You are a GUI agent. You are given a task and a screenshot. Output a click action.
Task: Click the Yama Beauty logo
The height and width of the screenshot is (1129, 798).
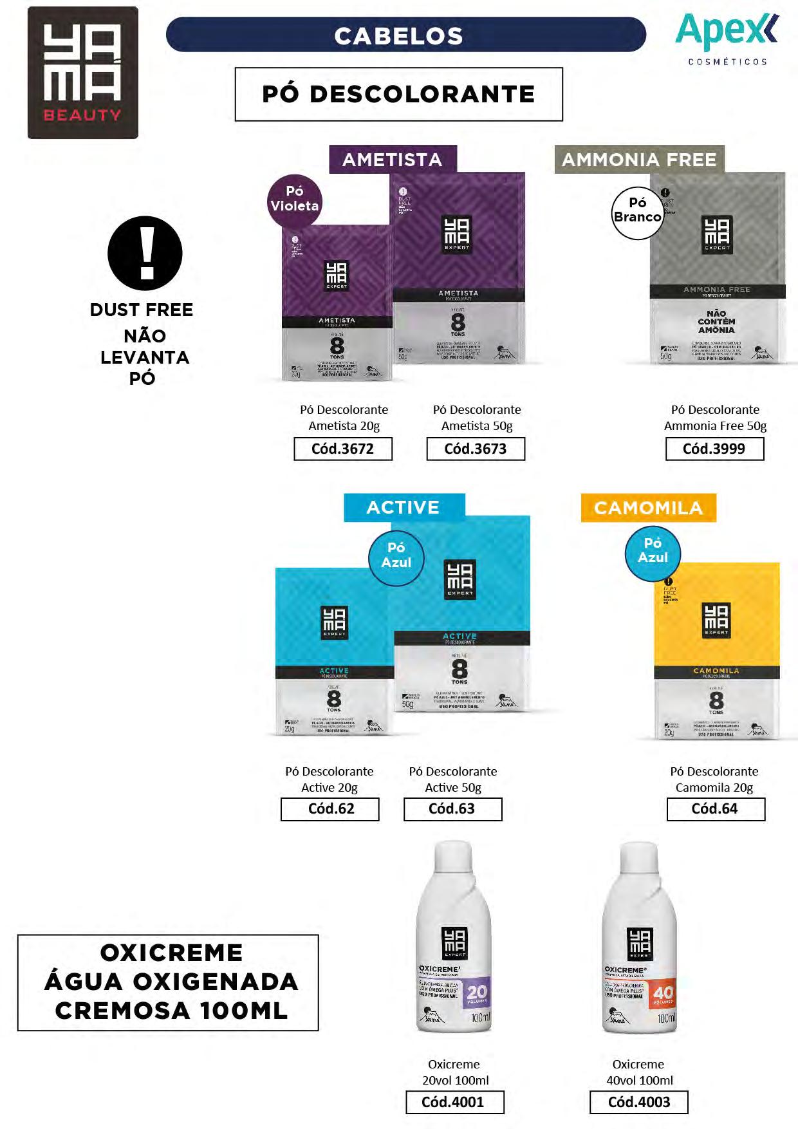pyautogui.click(x=82, y=73)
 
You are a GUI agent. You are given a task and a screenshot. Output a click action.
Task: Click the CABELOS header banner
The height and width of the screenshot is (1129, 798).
pyautogui.click(x=405, y=35)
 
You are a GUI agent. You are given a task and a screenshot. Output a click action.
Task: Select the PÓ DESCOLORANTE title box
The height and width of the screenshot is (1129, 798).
pyautogui.click(x=398, y=94)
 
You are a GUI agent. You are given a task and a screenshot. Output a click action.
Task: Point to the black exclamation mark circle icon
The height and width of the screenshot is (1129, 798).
pyautogui.click(x=145, y=253)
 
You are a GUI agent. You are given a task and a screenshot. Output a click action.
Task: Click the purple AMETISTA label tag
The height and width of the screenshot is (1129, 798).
pyautogui.click(x=393, y=159)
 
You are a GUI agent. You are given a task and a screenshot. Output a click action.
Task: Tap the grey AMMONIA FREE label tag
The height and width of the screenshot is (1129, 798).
pyautogui.click(x=639, y=159)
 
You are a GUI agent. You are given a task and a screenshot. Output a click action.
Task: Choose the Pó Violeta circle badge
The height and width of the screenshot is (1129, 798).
pyautogui.click(x=294, y=200)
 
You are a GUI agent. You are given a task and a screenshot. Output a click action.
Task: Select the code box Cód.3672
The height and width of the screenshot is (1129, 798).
pyautogui.click(x=343, y=449)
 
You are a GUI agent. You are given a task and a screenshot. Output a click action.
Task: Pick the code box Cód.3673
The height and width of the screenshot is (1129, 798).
pyautogui.click(x=476, y=449)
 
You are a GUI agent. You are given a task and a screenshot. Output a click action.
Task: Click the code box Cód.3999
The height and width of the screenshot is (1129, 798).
pyautogui.click(x=714, y=449)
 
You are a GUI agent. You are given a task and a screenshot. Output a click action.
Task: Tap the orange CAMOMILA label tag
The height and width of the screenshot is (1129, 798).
pyautogui.click(x=648, y=508)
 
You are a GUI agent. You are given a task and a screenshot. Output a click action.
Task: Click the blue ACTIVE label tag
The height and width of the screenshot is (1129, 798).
pyautogui.click(x=404, y=507)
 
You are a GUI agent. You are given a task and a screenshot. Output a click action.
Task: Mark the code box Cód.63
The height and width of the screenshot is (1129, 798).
pyautogui.click(x=452, y=809)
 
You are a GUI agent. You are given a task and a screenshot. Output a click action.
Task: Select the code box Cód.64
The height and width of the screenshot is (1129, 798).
pyautogui.click(x=716, y=809)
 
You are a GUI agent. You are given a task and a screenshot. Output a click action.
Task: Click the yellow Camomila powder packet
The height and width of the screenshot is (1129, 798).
pyautogui.click(x=716, y=650)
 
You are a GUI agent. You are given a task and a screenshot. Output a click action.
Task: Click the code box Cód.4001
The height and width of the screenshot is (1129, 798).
pyautogui.click(x=454, y=1102)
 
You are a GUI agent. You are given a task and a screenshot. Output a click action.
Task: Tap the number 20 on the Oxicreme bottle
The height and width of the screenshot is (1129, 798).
pyautogui.click(x=477, y=993)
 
